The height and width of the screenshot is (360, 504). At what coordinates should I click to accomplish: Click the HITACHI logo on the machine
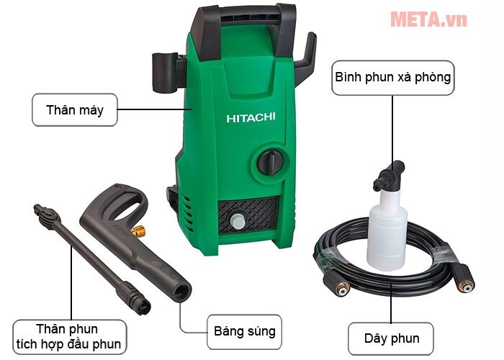[250, 117]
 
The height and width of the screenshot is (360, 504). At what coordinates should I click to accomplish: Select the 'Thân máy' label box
[75, 111]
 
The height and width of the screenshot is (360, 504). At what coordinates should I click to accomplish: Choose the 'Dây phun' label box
[392, 338]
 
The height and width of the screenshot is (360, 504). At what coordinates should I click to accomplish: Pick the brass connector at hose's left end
[338, 287]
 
